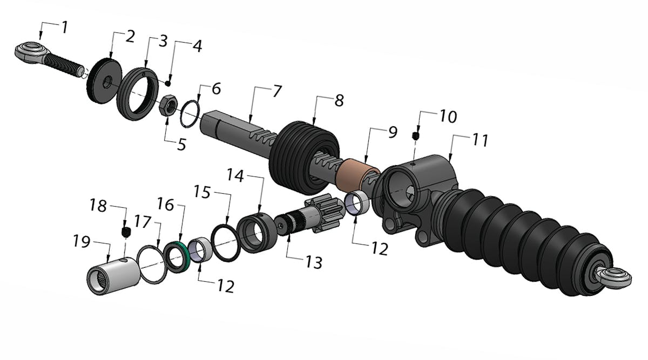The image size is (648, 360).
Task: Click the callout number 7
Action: pos(276,91)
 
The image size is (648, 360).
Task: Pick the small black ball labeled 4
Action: pos(168,83)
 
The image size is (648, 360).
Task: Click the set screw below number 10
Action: pos(415,135)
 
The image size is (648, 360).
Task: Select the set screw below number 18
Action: pos(126,232)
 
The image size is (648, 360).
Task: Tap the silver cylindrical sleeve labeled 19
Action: pos(114,275)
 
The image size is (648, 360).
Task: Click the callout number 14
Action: pos(235,175)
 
